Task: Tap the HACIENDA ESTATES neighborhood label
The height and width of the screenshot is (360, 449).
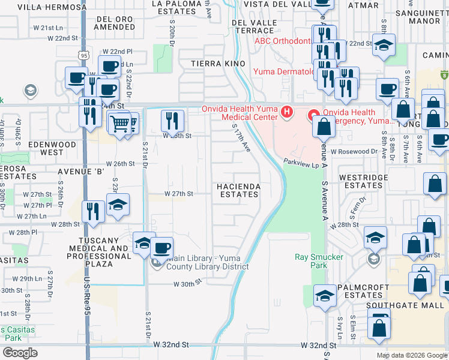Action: point(239,190)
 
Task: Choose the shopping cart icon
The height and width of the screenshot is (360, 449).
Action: point(121,123)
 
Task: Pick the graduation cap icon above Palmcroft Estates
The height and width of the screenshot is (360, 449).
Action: point(325,296)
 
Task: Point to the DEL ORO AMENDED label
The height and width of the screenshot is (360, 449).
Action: point(115,23)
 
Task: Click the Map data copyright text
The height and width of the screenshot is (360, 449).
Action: point(411,355)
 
